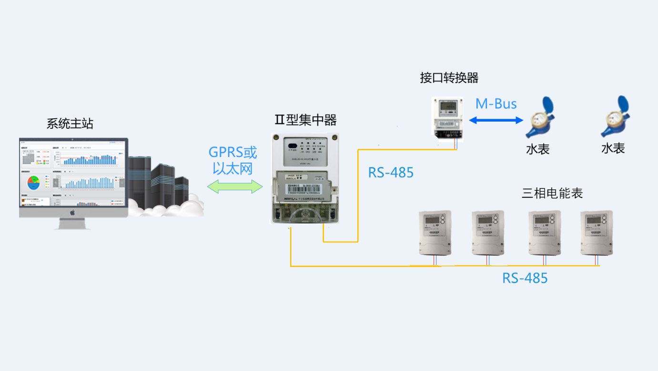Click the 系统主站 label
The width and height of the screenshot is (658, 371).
tap(70, 124)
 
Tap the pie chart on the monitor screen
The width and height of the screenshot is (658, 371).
tap(33, 182)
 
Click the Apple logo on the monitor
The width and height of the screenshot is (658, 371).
tap(73, 212)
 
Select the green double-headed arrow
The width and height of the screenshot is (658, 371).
tap(235, 186)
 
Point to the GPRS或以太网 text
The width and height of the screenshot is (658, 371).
tap(233, 160)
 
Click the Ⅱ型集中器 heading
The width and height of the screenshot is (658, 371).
tap(305, 120)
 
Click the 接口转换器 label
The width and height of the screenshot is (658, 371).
tap(449, 78)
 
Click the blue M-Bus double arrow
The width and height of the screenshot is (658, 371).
tap(496, 120)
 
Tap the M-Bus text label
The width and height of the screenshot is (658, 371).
tap(496, 104)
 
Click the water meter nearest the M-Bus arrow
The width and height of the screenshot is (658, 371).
tap(540, 117)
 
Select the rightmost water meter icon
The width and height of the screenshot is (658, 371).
tap(615, 116)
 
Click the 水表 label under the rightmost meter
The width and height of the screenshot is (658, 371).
tap(613, 148)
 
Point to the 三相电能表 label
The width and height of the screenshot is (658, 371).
tap(552, 193)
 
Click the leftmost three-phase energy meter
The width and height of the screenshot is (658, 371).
tap(435, 233)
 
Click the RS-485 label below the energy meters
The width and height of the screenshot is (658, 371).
tap(525, 278)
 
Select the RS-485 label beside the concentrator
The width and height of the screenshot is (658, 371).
tap(391, 173)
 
